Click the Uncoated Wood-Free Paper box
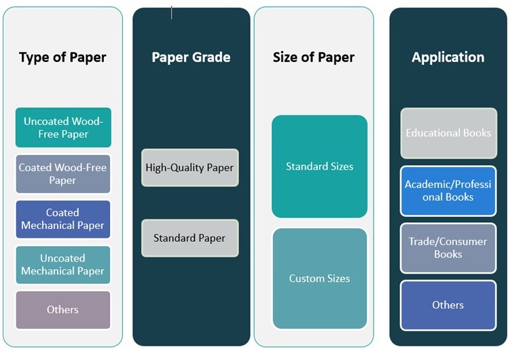pyautogui.click(x=63, y=128)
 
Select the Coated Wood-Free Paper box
pyautogui.click(x=63, y=174)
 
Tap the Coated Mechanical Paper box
pyautogui.click(x=63, y=219)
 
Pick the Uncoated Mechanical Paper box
pyautogui.click(x=63, y=264)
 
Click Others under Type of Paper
pyautogui.click(x=63, y=310)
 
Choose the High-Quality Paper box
pyautogui.click(x=190, y=167)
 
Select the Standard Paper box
pyautogui.click(x=190, y=238)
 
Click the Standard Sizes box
pyautogui.click(x=319, y=166)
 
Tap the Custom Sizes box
pyautogui.click(x=319, y=278)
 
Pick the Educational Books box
pyautogui.click(x=448, y=133)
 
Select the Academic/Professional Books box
pyautogui.click(x=448, y=191)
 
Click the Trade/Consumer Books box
pyautogui.click(x=448, y=248)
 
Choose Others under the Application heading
pyautogui.click(x=448, y=305)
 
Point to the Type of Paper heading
pyautogui.click(x=63, y=57)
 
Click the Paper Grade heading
pyautogui.click(x=191, y=57)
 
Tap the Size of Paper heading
pyautogui.click(x=314, y=57)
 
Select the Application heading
pyautogui.click(x=448, y=57)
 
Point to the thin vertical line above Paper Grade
pyautogui.click(x=171, y=12)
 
